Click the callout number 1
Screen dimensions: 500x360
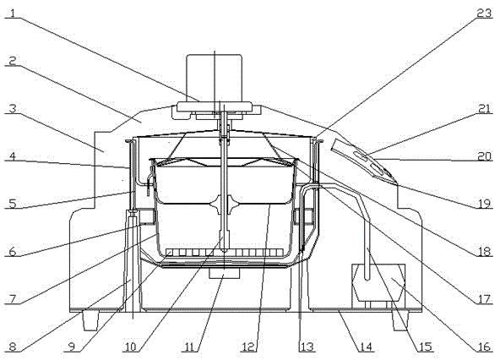(x=13, y=14)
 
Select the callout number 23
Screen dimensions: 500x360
(x=485, y=14)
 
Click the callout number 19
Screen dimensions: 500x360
(x=485, y=204)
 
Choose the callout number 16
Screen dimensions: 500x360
(x=484, y=346)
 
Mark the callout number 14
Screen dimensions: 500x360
(x=366, y=346)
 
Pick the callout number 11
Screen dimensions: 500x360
(x=189, y=346)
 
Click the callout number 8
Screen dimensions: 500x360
(x=13, y=346)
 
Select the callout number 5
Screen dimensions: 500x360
(x=13, y=204)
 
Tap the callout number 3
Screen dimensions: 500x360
(x=13, y=109)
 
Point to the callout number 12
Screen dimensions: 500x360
(x=248, y=346)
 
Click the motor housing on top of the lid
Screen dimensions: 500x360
(x=214, y=78)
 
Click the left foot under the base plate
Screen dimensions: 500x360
(x=90, y=321)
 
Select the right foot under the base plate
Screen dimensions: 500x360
(x=399, y=321)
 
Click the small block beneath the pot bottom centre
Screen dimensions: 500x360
(x=224, y=273)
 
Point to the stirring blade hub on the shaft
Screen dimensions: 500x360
(x=224, y=205)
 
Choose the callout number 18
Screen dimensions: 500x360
(x=485, y=252)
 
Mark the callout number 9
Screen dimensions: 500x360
(x=72, y=346)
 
